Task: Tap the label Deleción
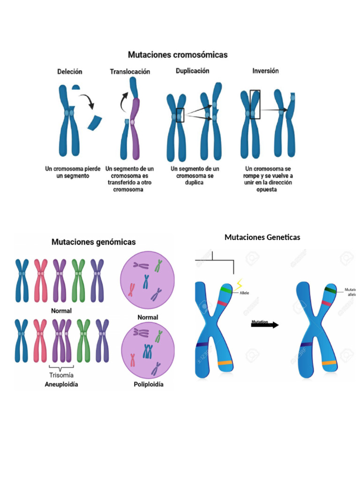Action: pyautogui.click(x=70, y=72)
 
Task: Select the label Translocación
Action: pyautogui.click(x=130, y=72)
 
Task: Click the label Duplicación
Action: pyautogui.click(x=192, y=71)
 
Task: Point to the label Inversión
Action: pyautogui.click(x=265, y=71)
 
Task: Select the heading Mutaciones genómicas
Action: pyautogui.click(x=93, y=242)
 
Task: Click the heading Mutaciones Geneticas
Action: pyautogui.click(x=262, y=237)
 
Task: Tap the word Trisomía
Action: pyautogui.click(x=61, y=375)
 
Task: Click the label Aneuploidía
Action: pyautogui.click(x=61, y=384)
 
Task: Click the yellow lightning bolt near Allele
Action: pyautogui.click(x=240, y=284)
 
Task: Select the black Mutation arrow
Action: pyautogui.click(x=265, y=324)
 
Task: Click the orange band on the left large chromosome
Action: pyautogui.click(x=225, y=363)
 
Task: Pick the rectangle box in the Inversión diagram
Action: pyautogui.click(x=255, y=104)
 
